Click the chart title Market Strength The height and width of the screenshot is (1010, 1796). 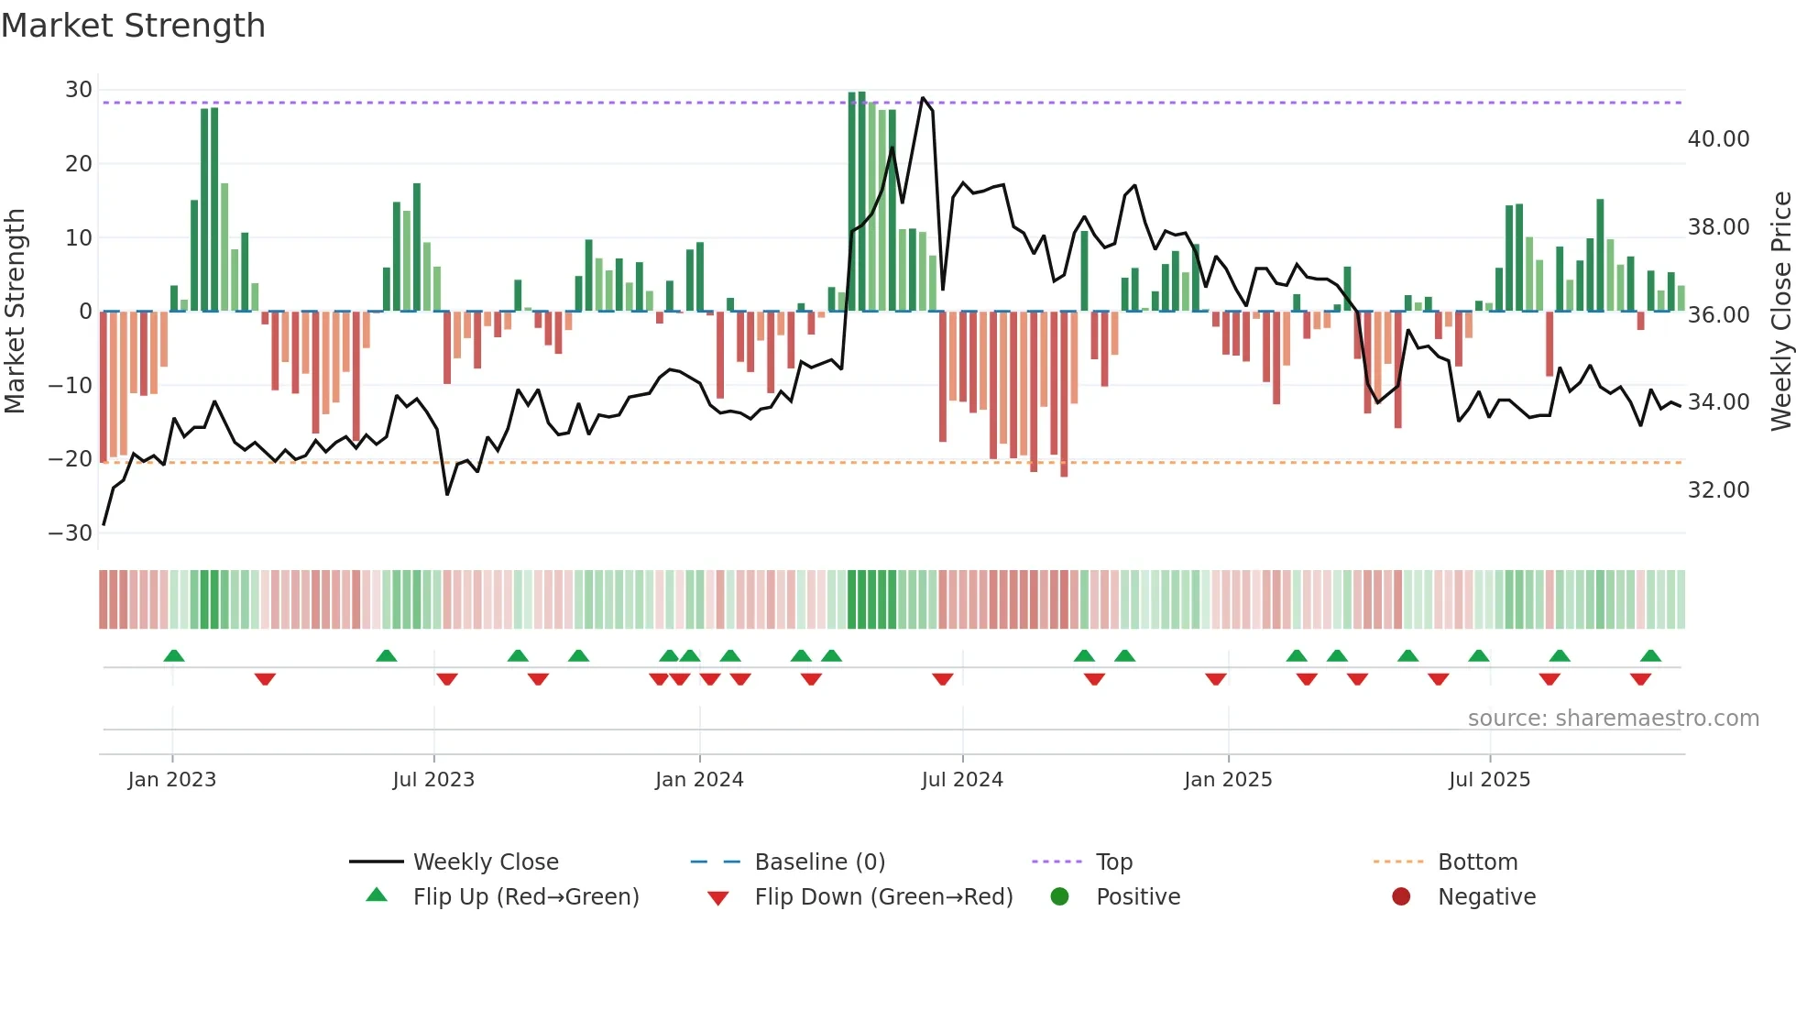point(133,26)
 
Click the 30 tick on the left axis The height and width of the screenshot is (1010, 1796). point(79,90)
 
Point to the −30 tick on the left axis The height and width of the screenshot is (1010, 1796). point(71,533)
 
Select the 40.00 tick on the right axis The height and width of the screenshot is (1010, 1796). point(1718,139)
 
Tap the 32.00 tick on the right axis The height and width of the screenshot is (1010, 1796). point(1718,490)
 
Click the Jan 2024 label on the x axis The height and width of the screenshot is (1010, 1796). point(699,780)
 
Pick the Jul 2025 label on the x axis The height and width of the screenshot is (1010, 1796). point(1489,780)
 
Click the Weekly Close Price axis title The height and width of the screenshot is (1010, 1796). point(1780,312)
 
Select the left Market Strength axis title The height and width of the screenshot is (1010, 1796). point(15,312)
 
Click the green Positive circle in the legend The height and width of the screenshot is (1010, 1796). point(1060,897)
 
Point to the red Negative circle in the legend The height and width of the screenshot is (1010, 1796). point(1401,897)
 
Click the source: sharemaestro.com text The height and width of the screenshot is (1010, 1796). point(1613,719)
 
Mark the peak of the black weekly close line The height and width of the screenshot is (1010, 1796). point(923,98)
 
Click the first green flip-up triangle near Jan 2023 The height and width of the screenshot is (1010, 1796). point(174,655)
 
